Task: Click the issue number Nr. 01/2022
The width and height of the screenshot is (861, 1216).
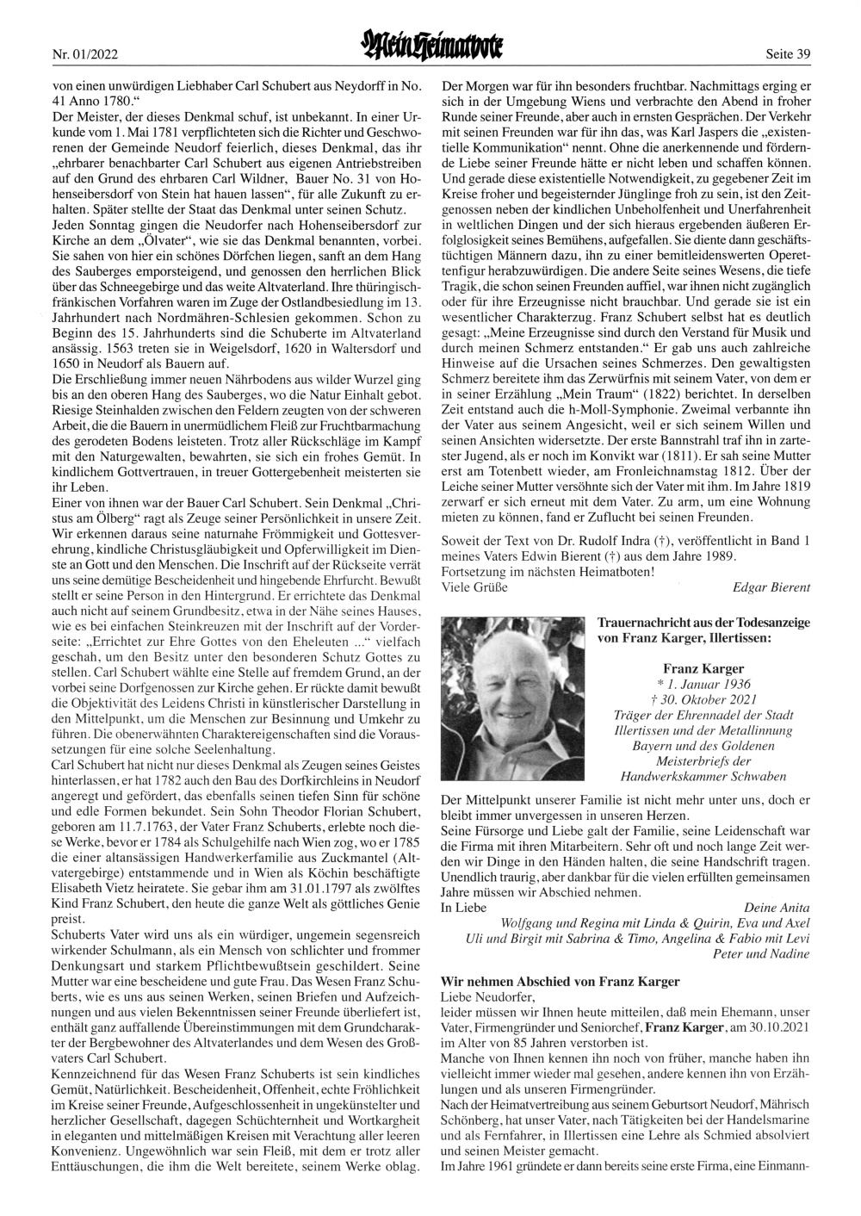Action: click(85, 54)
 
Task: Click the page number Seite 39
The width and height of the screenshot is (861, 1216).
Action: click(788, 54)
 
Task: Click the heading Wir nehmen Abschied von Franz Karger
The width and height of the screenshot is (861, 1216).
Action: click(560, 981)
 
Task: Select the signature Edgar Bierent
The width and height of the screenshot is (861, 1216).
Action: click(771, 587)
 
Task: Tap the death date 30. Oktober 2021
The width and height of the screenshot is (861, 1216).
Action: click(704, 699)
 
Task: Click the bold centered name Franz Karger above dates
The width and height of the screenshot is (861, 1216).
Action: click(704, 667)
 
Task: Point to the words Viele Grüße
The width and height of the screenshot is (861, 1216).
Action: click(474, 587)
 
